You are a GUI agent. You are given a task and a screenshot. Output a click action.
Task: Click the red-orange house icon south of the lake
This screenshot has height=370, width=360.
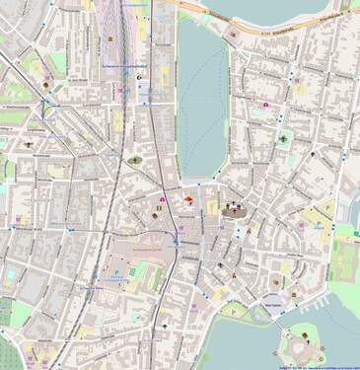click(184, 199)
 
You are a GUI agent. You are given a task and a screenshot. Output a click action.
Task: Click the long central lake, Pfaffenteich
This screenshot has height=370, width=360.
click(202, 99)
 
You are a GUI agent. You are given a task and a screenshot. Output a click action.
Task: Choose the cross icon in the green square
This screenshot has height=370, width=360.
click(284, 141)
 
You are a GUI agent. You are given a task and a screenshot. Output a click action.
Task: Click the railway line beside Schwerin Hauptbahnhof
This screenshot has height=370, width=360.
click(125, 118)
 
